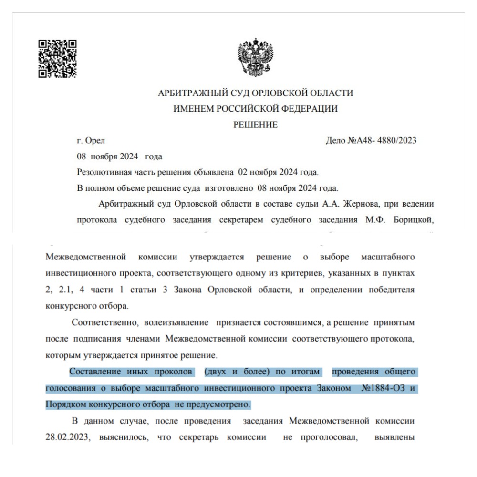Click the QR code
(x=57, y=58)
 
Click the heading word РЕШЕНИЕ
(x=255, y=125)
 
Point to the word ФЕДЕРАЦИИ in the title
(x=311, y=109)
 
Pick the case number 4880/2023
(x=394, y=140)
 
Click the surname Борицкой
(x=415, y=220)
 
